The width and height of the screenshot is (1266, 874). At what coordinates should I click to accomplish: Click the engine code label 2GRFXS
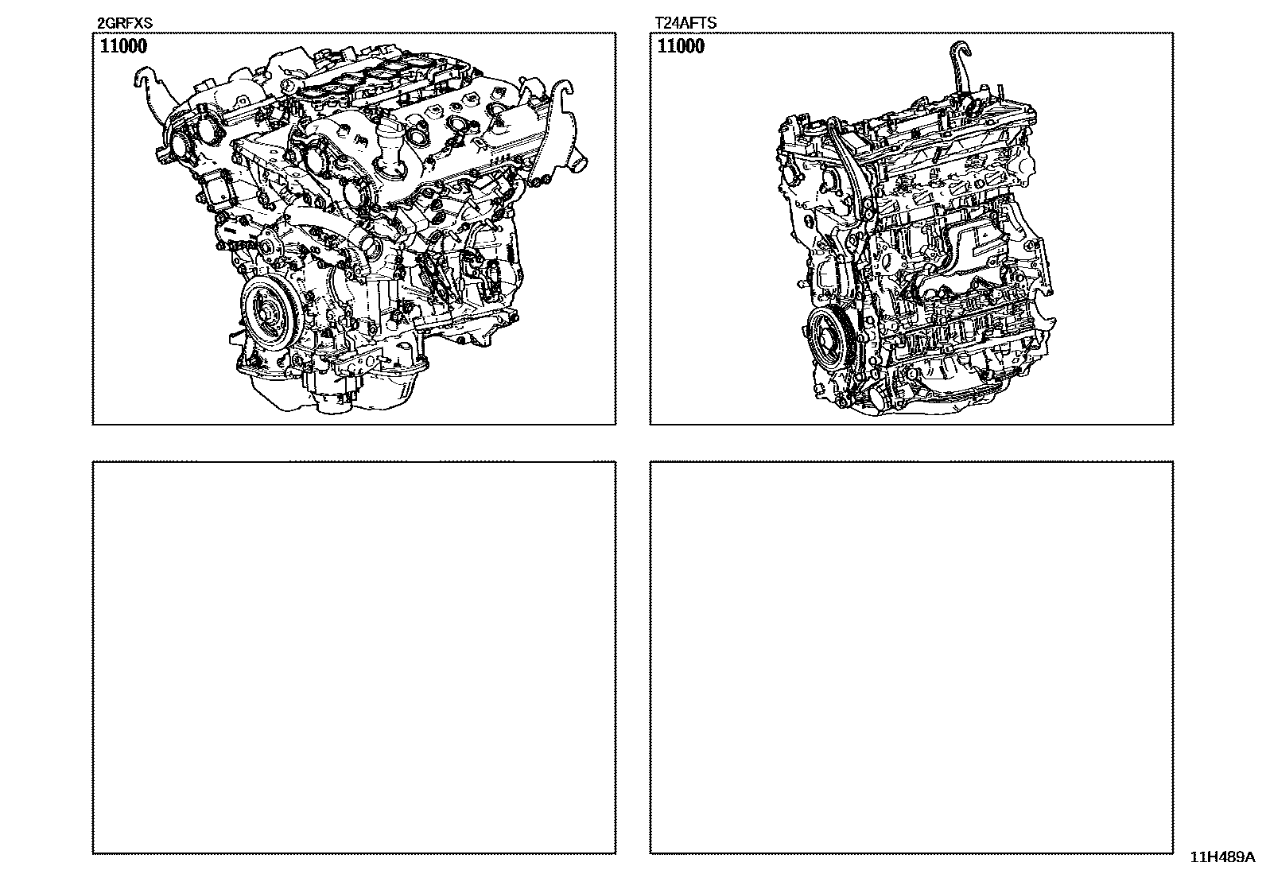[x=124, y=23]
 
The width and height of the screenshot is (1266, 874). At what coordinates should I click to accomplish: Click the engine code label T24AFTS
[x=685, y=23]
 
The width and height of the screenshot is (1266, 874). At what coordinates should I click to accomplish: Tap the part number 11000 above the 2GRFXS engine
[x=123, y=46]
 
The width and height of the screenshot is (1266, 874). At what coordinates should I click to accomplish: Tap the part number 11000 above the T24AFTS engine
[x=681, y=46]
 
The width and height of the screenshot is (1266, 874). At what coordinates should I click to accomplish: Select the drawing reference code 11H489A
[x=1222, y=857]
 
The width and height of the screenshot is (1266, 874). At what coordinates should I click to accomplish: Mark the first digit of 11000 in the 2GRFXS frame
[x=104, y=46]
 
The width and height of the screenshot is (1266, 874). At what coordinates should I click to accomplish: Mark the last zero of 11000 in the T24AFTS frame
[x=700, y=46]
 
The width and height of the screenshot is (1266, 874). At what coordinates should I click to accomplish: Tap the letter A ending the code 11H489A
[x=1250, y=857]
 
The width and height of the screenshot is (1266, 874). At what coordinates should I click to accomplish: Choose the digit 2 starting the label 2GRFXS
[x=101, y=23]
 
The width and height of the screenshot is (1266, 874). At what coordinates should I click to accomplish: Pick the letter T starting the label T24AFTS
[x=659, y=23]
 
